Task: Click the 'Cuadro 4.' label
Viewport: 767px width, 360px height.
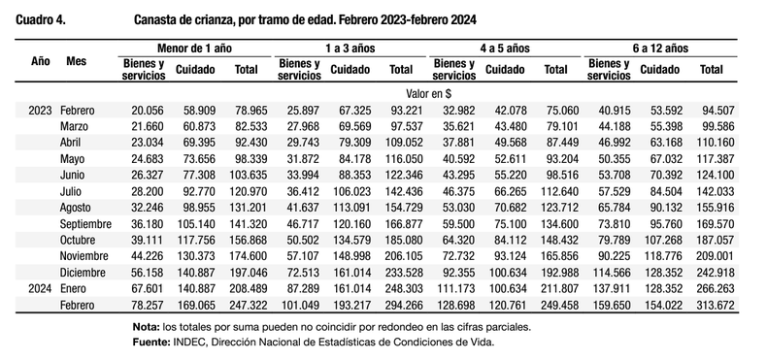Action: point(41,20)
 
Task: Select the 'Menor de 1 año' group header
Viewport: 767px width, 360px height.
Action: point(194,48)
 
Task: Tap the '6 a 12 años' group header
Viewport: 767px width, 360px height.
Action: point(660,48)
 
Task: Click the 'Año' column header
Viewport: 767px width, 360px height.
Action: point(41,61)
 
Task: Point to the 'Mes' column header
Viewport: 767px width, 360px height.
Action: point(77,61)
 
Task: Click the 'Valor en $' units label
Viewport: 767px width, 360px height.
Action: point(428,93)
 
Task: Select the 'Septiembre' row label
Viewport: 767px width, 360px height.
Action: point(85,224)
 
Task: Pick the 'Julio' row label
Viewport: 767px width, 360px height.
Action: point(71,192)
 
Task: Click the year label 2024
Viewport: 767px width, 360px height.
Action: point(40,289)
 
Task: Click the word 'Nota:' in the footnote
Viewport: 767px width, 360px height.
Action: point(146,327)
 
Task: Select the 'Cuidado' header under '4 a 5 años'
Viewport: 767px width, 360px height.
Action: point(505,70)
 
